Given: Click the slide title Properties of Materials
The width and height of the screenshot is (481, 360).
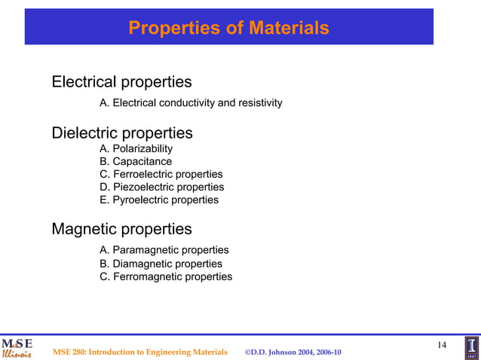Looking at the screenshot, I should (228, 28).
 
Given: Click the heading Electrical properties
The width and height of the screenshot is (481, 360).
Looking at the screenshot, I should (121, 81).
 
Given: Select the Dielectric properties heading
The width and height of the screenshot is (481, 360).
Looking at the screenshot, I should (121, 133).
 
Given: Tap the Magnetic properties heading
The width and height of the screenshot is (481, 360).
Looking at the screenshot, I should (121, 228).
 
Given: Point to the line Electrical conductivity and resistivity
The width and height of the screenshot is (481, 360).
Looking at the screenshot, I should (191, 102).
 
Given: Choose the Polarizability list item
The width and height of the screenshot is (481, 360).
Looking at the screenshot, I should (136, 149).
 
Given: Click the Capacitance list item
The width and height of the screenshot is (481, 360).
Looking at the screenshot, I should (136, 162).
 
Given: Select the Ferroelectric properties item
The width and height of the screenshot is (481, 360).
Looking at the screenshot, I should (161, 175).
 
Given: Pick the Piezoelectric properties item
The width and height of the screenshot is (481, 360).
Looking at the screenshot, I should (161, 187).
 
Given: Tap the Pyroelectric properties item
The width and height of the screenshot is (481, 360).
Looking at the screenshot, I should (159, 200).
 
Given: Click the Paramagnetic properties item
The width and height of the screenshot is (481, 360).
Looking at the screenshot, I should (164, 250).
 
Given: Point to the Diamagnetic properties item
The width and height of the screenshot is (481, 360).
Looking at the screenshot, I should (161, 264).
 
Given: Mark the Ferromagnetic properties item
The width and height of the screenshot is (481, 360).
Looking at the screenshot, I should (166, 276).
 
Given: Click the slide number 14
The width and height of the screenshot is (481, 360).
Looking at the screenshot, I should (442, 345).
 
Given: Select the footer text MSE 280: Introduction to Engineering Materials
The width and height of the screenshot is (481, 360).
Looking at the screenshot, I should (139, 352).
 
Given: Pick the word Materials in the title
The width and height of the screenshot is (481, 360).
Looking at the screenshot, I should (290, 28).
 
